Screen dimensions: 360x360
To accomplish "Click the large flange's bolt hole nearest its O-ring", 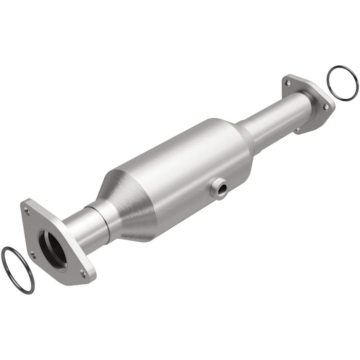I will click(x=32, y=254).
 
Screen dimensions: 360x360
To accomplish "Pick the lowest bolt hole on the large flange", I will click(x=83, y=274).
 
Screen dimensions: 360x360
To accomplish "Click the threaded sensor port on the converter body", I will click(x=219, y=189).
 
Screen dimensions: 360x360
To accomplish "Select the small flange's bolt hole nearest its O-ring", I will click(x=325, y=106).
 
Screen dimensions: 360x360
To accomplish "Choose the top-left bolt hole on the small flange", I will click(x=287, y=82).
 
